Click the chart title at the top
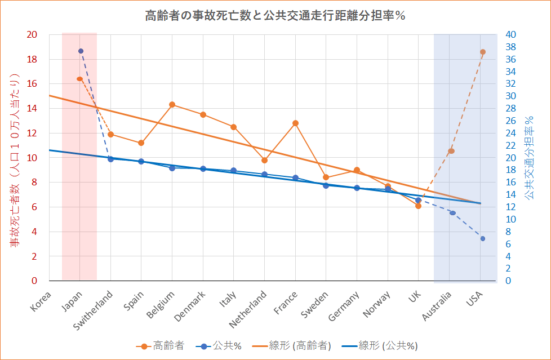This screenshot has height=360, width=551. tap(275, 16)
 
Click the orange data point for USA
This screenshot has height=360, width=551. tap(483, 52)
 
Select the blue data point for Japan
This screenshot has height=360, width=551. tap(81, 51)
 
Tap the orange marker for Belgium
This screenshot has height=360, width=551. tap(172, 105)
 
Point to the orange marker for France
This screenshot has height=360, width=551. tap(295, 123)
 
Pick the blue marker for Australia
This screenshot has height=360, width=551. tap(452, 212)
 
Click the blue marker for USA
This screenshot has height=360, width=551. tap(483, 238)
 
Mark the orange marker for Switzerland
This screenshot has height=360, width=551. tap(111, 134)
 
